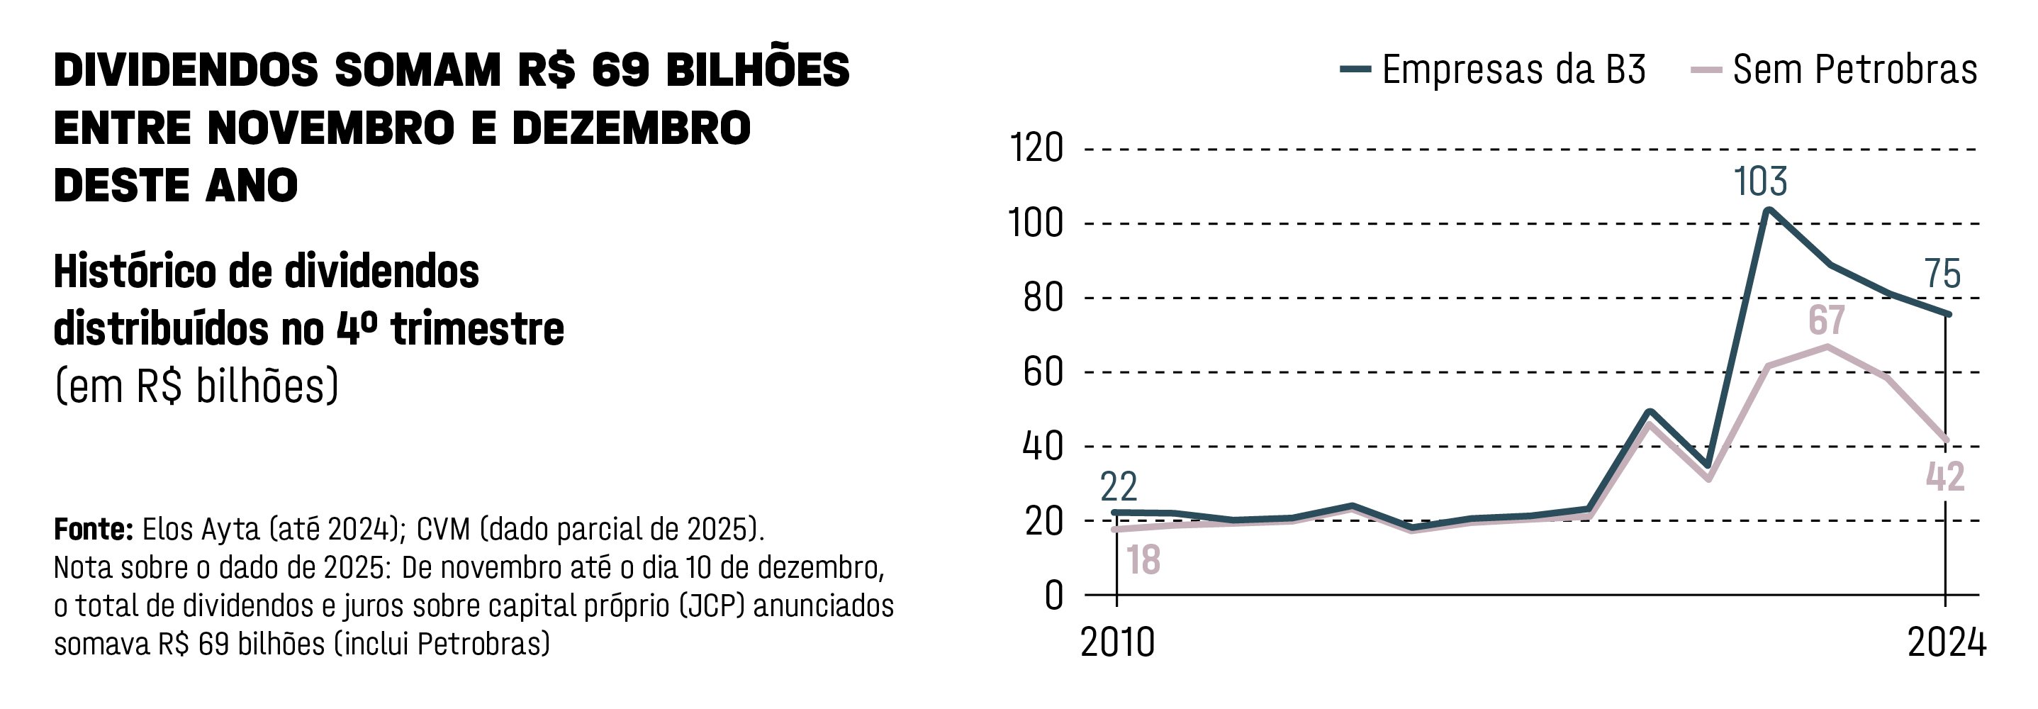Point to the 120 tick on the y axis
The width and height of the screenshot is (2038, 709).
1036,149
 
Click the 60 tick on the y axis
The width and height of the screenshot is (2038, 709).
1043,372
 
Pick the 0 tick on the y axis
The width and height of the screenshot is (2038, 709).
1054,595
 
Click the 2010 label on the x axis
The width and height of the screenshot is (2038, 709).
1117,642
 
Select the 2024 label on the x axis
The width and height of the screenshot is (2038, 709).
1947,642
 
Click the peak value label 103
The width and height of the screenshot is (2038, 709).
1760,182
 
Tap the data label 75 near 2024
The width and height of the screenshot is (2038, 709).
1943,274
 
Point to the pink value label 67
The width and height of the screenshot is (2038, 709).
1827,320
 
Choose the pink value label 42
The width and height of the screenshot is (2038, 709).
1945,477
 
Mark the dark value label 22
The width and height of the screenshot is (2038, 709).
1119,486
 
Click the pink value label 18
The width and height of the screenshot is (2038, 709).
1143,560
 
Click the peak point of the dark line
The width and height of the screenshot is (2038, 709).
1767,211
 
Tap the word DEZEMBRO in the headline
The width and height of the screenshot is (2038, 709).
631,128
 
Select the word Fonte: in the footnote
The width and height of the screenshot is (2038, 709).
94,529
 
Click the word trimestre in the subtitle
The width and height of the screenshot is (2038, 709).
477,329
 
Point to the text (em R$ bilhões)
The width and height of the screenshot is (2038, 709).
196,387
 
